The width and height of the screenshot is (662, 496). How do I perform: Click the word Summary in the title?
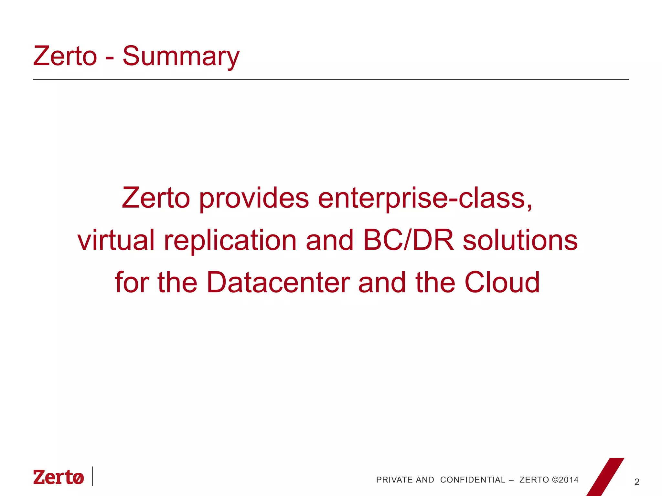coord(181,57)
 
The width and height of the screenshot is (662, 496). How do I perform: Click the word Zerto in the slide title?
coord(65,56)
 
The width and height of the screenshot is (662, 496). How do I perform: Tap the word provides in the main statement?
coord(254,199)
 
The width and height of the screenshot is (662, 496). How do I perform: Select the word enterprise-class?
coord(425,199)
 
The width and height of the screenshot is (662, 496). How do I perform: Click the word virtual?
coord(116,240)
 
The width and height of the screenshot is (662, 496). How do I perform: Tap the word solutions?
coord(520,240)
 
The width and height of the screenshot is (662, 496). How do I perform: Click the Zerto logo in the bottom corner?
coord(59,477)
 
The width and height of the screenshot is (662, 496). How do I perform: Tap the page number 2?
coord(637,482)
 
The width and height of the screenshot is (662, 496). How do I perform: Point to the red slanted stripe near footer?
coord(605,477)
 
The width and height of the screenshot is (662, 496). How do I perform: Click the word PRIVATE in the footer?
coord(394,480)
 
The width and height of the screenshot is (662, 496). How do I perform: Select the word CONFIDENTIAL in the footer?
coord(473,480)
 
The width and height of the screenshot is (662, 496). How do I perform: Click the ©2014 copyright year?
coord(565,480)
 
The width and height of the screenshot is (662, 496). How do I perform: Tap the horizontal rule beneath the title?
coord(331,79)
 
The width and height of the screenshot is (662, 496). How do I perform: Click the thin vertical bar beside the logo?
coord(92,476)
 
